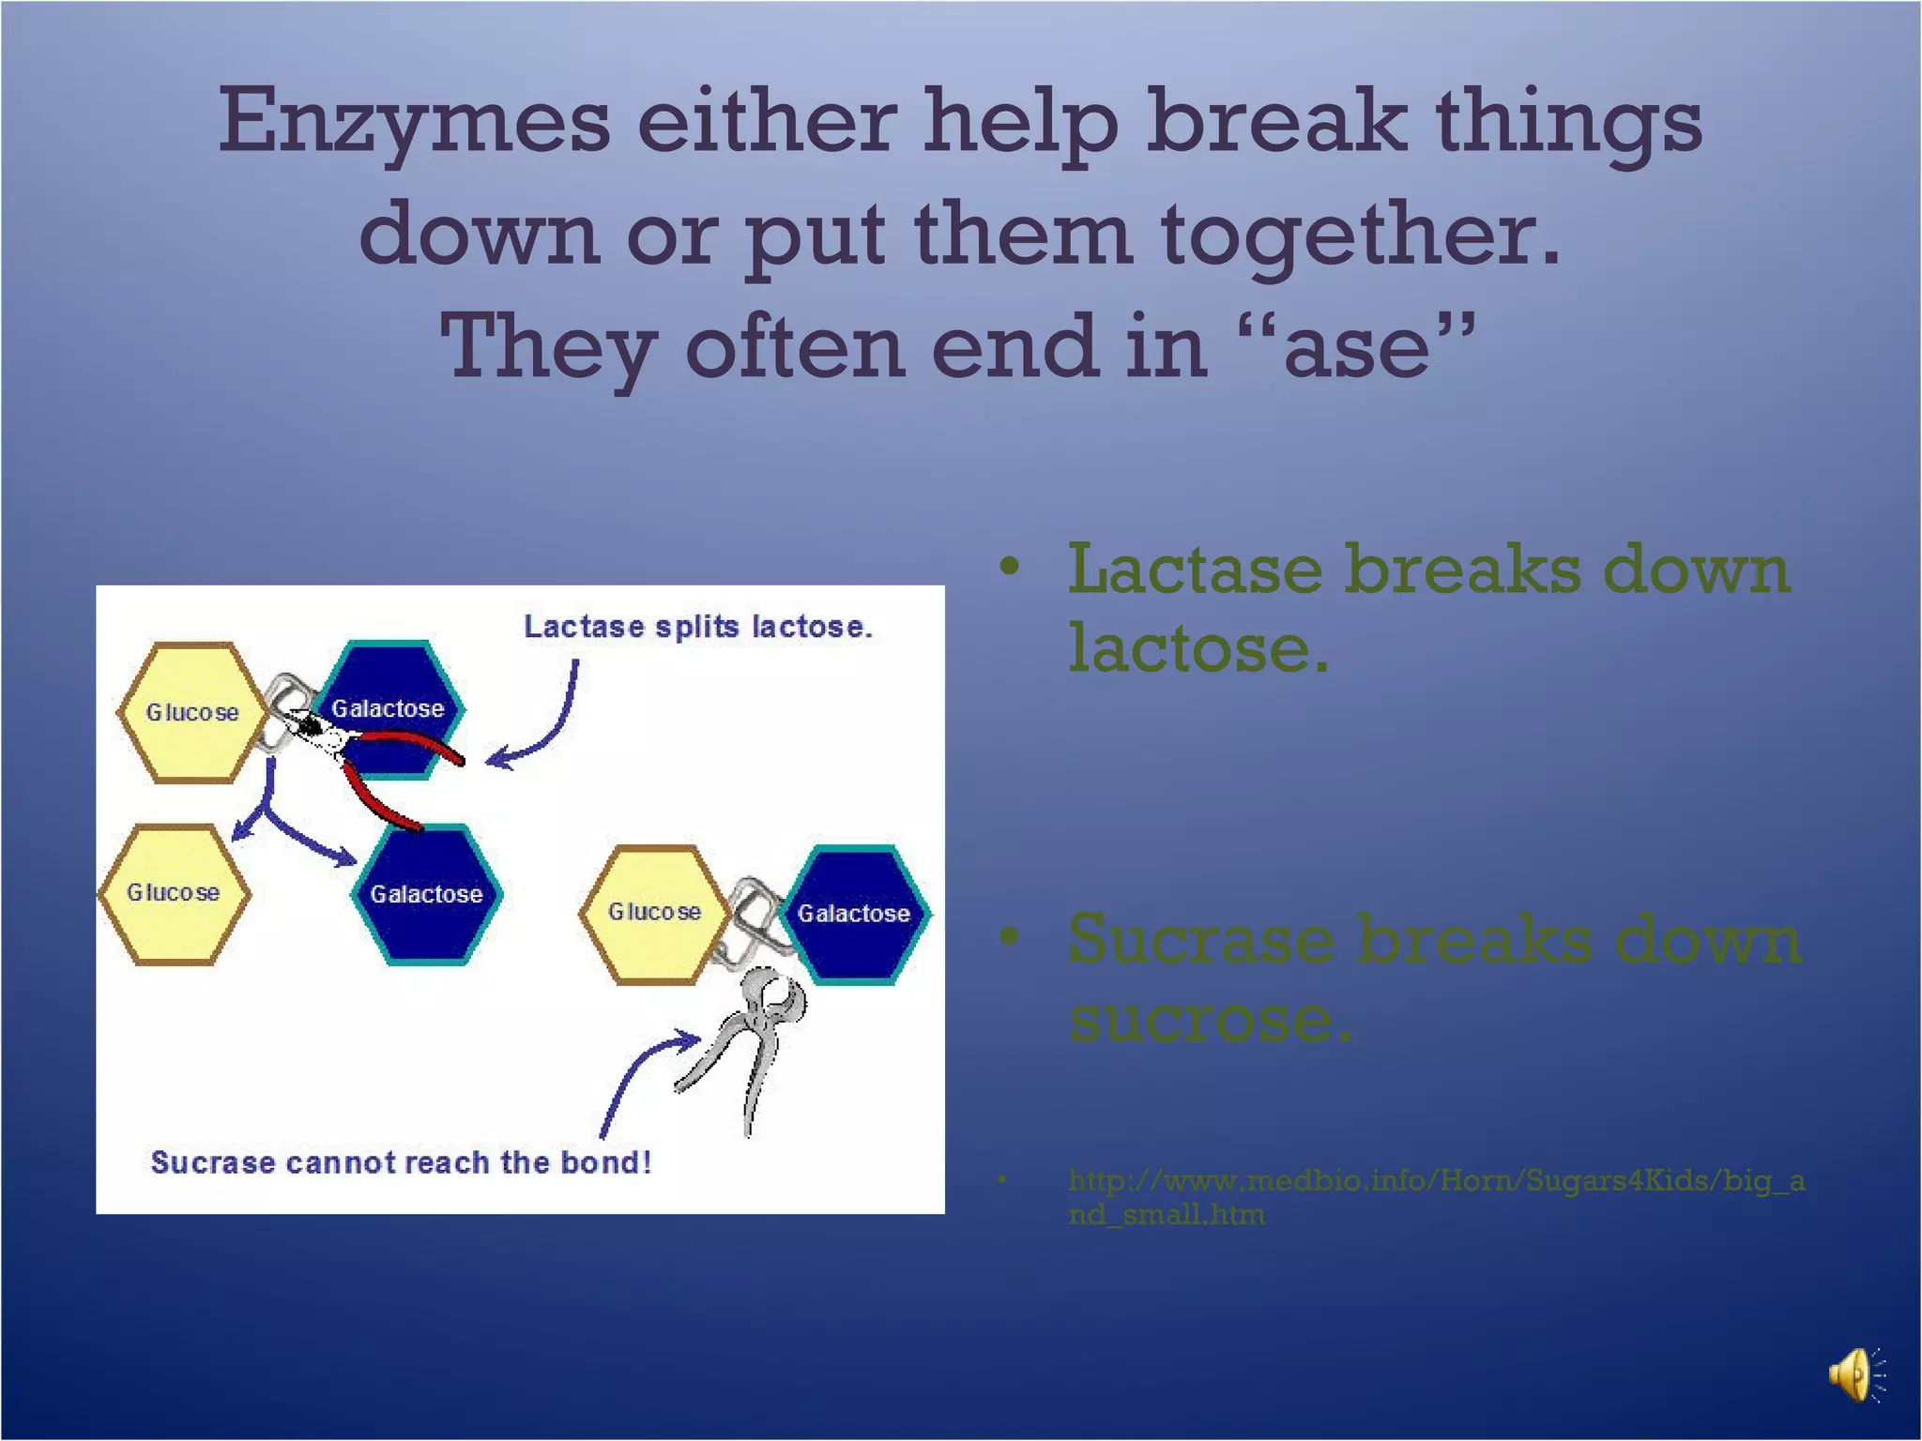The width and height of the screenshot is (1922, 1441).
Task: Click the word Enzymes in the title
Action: pyautogui.click(x=414, y=122)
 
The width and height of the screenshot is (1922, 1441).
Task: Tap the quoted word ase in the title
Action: pyautogui.click(x=1356, y=347)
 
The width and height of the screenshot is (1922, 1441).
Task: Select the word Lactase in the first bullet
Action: pyautogui.click(x=1195, y=570)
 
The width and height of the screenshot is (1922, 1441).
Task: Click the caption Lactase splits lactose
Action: pyautogui.click(x=697, y=627)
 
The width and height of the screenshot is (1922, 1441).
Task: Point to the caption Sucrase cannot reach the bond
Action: pyautogui.click(x=401, y=1162)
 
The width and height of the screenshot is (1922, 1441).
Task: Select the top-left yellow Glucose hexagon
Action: pyautogui.click(x=189, y=712)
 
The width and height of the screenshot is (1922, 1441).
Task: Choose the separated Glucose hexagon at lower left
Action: pyautogui.click(x=174, y=893)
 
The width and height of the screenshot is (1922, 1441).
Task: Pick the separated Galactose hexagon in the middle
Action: pyautogui.click(x=427, y=894)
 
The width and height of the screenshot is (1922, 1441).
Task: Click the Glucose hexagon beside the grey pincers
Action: pyautogui.click(x=653, y=912)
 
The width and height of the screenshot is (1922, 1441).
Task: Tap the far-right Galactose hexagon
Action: pyautogui.click(x=855, y=914)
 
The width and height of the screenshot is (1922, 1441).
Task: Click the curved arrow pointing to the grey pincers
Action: pyautogui.click(x=638, y=1079)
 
